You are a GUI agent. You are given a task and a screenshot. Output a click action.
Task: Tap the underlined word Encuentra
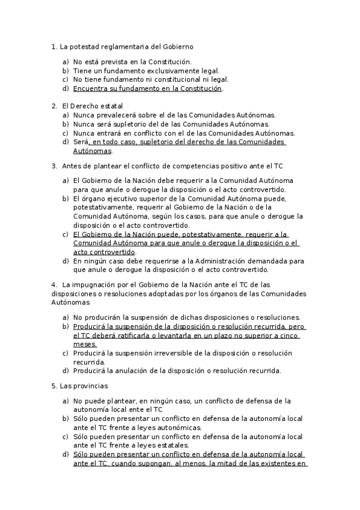[90, 88]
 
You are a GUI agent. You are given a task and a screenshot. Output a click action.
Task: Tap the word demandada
[255, 261]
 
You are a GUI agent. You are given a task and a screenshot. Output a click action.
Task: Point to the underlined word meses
[84, 344]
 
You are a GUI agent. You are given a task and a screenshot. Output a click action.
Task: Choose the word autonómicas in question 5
[157, 428]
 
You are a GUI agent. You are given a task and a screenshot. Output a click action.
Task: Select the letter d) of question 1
[66, 88]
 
